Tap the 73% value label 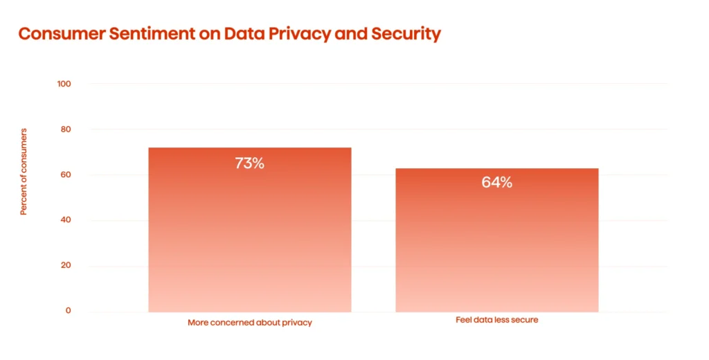pyautogui.click(x=249, y=164)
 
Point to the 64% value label pyautogui.click(x=496, y=183)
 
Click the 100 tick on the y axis pyautogui.click(x=64, y=84)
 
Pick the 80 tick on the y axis pyautogui.click(x=64, y=129)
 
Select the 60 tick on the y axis pyautogui.click(x=64, y=175)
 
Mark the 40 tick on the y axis pyautogui.click(x=64, y=220)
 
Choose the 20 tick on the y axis pyautogui.click(x=64, y=266)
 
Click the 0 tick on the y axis pyautogui.click(x=68, y=311)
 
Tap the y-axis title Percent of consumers pyautogui.click(x=24, y=172)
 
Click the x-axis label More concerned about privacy pyautogui.click(x=249, y=323)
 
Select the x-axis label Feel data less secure pyautogui.click(x=496, y=320)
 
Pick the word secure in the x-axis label pyautogui.click(x=525, y=320)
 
